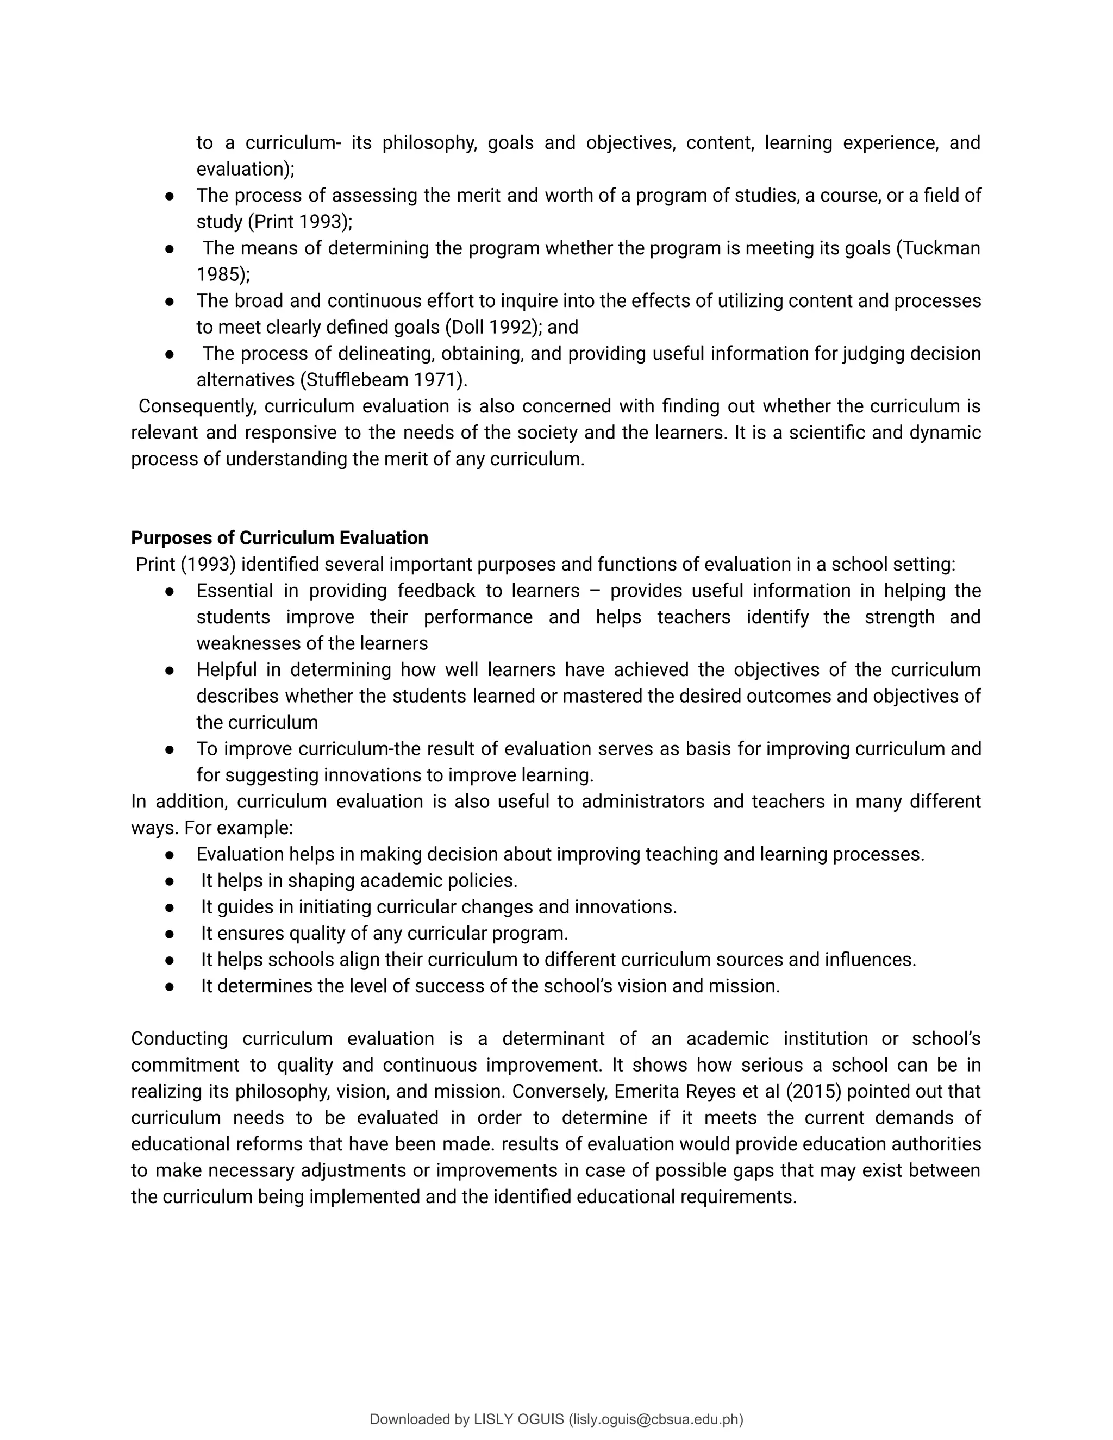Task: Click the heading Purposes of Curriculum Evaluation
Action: click(279, 538)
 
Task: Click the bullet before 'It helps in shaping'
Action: click(170, 881)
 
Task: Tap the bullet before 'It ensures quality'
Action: click(170, 934)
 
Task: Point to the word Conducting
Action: click(179, 1038)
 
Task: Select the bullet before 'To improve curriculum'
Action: click(170, 749)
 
